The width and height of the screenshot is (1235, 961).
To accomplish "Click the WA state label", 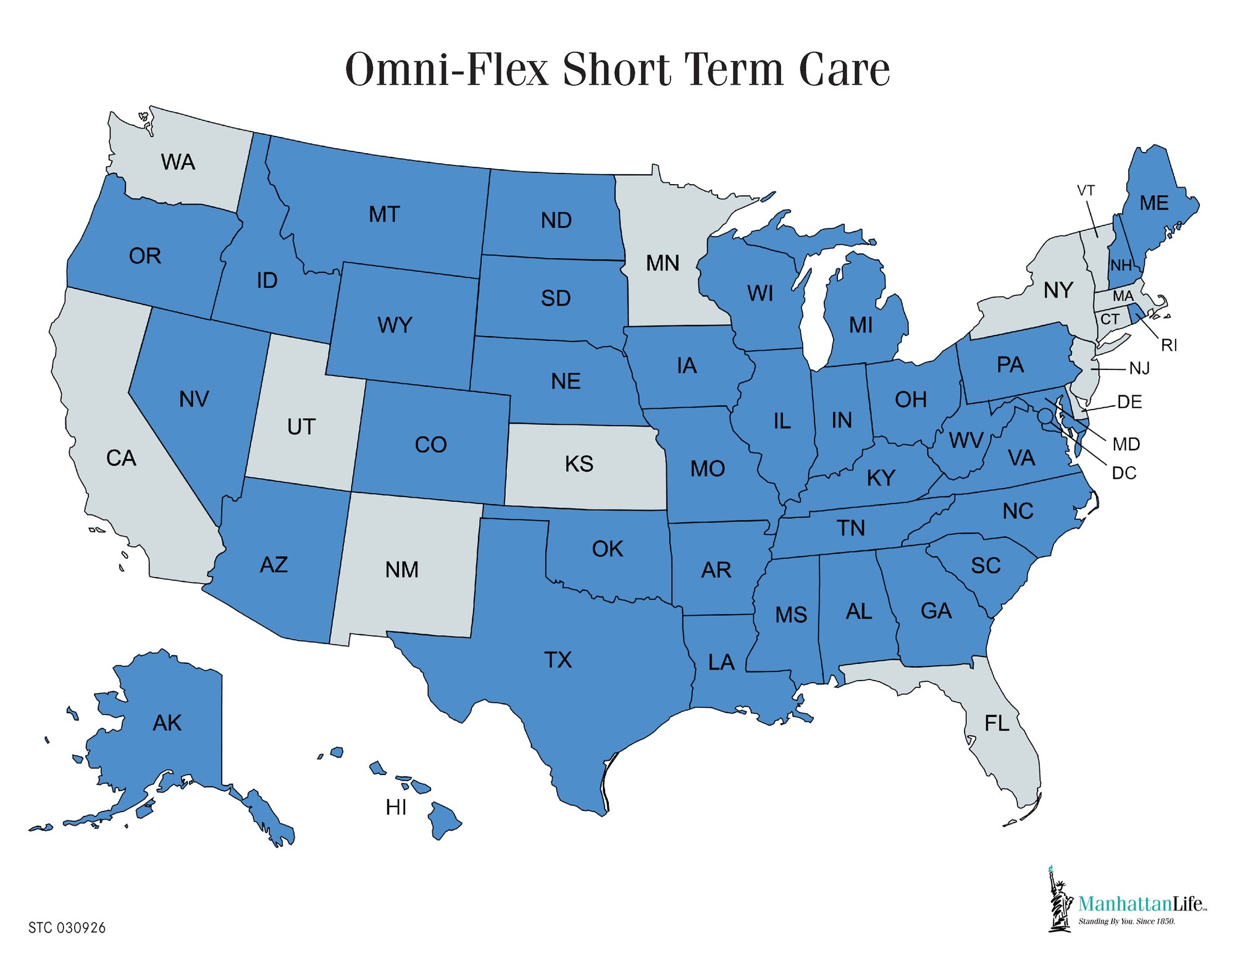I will (x=178, y=162).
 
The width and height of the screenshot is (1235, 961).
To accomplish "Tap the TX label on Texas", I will (x=558, y=660).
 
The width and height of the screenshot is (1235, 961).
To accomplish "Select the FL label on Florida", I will (x=997, y=723).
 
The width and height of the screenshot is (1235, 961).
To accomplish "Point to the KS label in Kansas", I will (x=579, y=464).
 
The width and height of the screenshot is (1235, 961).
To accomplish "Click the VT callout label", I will (x=1086, y=190).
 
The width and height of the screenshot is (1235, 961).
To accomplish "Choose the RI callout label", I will (x=1168, y=345).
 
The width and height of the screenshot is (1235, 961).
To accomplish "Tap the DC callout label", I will (x=1124, y=473).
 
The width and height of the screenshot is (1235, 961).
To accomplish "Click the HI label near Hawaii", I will (x=396, y=807).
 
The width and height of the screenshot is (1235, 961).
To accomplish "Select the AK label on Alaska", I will (x=167, y=723).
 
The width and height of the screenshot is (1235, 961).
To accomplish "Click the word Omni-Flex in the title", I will (x=446, y=69).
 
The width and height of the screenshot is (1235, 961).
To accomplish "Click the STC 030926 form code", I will (x=67, y=928).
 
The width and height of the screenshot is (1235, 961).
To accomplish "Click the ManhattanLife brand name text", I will (x=1141, y=904).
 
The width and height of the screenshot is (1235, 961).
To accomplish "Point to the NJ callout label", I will (x=1139, y=369).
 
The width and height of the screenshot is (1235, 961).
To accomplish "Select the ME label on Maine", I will (x=1153, y=203).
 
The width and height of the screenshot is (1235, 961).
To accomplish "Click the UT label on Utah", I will (x=301, y=427).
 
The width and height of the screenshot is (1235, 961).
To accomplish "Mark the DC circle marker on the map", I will (x=1045, y=416).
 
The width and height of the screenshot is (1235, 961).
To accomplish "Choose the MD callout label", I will (x=1126, y=444).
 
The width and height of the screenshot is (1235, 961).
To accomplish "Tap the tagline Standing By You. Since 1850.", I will (x=1126, y=921).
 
